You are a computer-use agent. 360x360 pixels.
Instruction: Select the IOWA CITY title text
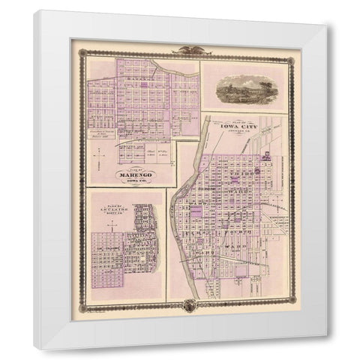(238, 127)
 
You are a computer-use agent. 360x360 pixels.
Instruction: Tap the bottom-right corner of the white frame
(325, 349)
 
